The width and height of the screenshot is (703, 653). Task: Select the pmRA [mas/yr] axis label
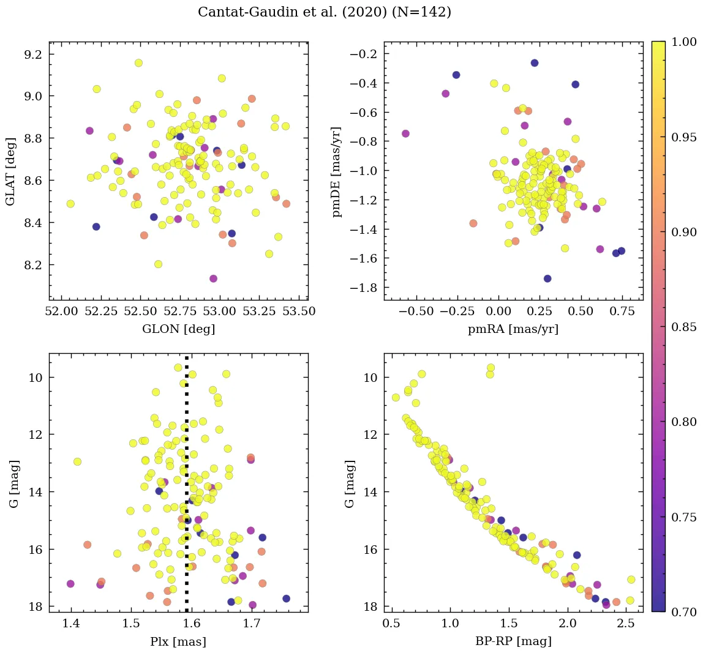(513, 329)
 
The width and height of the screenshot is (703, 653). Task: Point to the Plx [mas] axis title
(178, 641)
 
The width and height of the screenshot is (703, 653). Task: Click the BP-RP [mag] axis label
(513, 641)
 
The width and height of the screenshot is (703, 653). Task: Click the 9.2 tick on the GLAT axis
(33, 54)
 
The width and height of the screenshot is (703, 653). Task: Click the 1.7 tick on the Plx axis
(252, 624)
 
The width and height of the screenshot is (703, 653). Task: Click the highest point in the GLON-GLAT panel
(138, 63)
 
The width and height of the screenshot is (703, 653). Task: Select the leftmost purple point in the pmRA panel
(405, 133)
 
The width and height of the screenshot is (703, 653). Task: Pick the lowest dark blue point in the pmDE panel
(547, 278)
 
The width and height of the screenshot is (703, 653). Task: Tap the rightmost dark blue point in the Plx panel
(286, 599)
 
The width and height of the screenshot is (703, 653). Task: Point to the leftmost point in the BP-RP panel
(396, 397)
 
